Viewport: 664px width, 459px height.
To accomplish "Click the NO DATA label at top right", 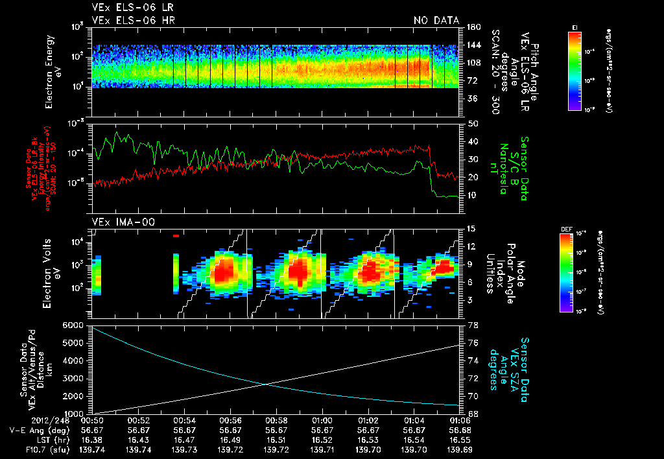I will pos(436,20).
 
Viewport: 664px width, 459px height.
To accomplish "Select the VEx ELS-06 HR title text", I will pos(133,20).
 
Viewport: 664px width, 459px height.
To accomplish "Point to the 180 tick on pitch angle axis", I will pos(473,27).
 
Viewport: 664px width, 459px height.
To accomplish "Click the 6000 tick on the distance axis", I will pos(73,324).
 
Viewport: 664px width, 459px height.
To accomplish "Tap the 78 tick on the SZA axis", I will pos(472,324).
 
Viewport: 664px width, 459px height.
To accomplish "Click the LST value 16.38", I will pos(93,440).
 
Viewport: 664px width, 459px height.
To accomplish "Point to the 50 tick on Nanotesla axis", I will pos(472,123).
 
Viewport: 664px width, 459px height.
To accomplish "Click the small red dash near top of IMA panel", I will pos(176,236).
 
